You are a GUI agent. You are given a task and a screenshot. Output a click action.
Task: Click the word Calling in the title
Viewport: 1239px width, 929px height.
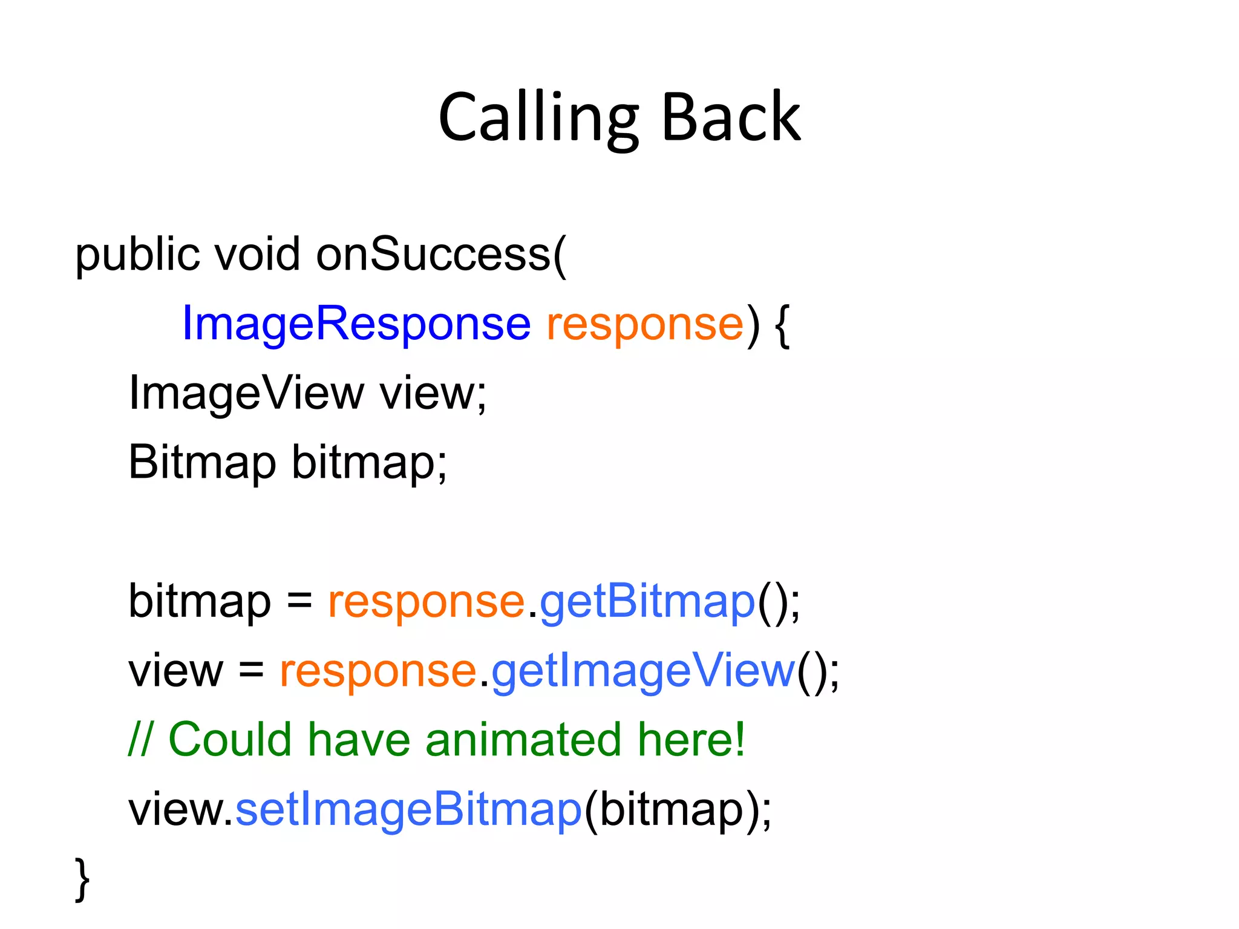point(537,117)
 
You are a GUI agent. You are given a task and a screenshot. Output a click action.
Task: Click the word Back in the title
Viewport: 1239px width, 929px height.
point(731,117)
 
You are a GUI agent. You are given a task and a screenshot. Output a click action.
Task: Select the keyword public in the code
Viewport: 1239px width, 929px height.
point(137,255)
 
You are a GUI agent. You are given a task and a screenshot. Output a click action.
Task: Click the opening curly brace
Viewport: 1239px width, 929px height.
point(782,325)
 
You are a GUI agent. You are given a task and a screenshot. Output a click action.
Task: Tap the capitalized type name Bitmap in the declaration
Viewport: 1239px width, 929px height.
point(202,463)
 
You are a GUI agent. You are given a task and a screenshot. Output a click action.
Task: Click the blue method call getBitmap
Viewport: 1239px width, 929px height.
point(647,603)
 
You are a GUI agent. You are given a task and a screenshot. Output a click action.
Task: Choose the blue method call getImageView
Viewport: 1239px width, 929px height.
point(643,672)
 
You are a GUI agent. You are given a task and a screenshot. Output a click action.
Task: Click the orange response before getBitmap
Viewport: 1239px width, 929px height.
point(426,603)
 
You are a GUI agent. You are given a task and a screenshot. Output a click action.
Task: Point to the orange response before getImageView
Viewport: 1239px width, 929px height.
point(378,672)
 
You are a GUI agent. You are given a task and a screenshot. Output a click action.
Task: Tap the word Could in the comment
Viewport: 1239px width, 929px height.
point(230,740)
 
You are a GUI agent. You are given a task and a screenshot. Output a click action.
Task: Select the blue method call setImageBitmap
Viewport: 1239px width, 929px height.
point(408,810)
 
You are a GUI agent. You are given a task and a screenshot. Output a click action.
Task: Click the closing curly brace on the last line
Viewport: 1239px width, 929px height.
point(82,880)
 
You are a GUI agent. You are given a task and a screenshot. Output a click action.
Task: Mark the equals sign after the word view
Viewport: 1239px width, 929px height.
point(251,671)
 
